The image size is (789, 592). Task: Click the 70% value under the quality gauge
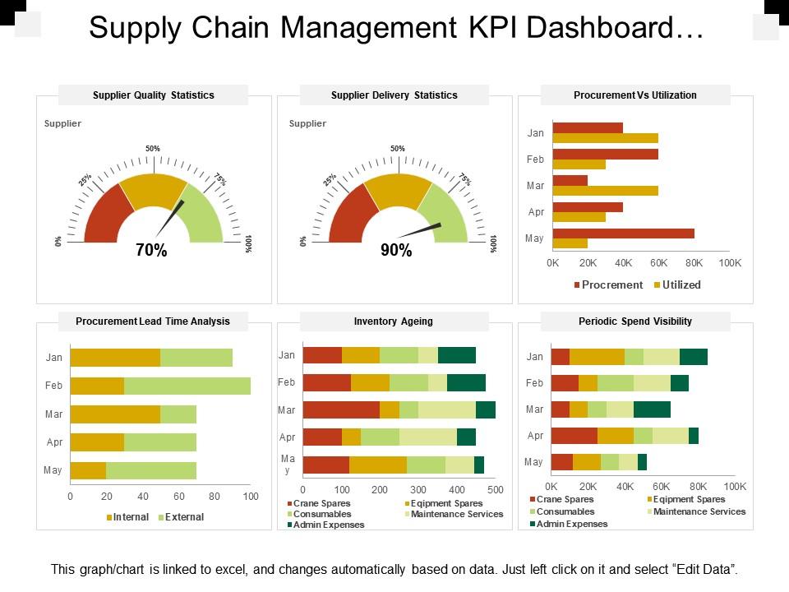click(151, 252)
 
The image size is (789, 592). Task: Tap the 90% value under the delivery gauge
click(396, 252)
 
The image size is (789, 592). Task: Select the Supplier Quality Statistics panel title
click(154, 95)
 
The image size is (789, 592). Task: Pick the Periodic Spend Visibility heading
click(635, 321)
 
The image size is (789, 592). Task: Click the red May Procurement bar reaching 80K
click(623, 234)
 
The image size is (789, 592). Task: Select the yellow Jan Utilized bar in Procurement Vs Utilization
click(605, 138)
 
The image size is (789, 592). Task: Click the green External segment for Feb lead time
click(187, 386)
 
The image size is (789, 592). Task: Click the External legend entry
click(183, 517)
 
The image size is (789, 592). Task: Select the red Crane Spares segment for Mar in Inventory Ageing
click(341, 409)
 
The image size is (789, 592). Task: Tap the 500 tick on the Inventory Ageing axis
click(496, 489)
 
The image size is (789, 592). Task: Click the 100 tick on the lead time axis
click(251, 497)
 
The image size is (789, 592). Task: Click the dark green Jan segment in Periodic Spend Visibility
click(693, 357)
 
